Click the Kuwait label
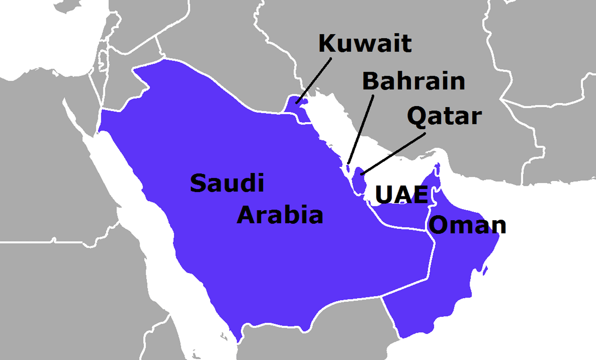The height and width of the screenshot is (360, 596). (365, 43)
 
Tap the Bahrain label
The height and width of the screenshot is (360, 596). (413, 81)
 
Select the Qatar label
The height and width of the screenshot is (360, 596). (444, 116)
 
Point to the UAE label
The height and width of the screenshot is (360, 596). (401, 196)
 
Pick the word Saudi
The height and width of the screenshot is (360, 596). (227, 183)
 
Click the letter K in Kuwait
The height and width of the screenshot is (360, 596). (327, 43)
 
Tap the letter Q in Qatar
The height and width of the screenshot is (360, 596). (416, 116)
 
